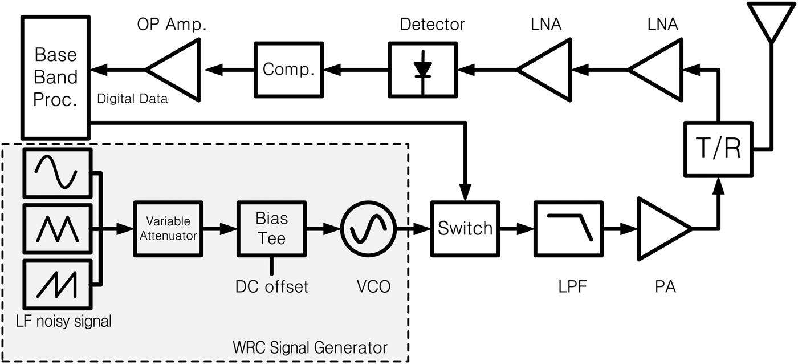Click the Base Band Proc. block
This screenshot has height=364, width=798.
coord(55,77)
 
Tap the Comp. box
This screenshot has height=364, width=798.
coord(288,70)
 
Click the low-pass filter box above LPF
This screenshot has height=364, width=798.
coord(568,229)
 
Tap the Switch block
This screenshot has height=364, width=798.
coord(465,229)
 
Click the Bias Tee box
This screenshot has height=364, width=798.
coord(271,229)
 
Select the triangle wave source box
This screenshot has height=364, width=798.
coord(57,229)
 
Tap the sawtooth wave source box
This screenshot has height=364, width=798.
coord(57,284)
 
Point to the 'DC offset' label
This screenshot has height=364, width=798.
coord(271,286)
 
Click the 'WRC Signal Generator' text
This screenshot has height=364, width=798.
coord(310,347)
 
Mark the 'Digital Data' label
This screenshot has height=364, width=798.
coord(132,99)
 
